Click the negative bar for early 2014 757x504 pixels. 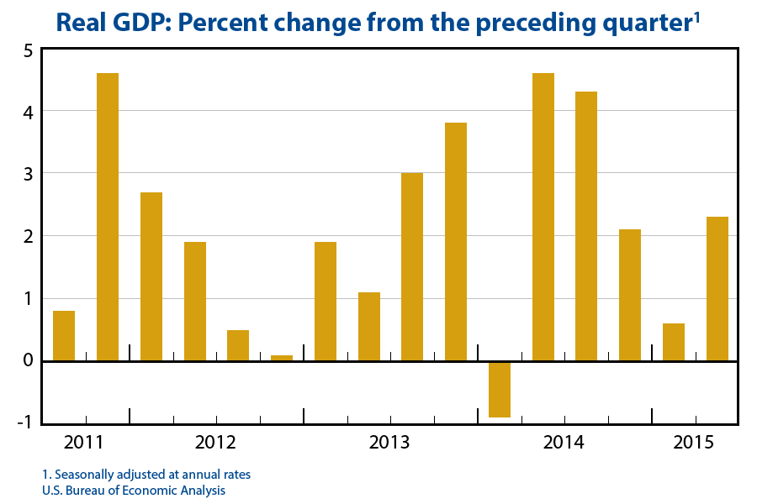500,389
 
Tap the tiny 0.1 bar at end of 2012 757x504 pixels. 282,358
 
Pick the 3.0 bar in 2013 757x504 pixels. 412,266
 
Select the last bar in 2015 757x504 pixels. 717,289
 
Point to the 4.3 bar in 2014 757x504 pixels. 586,226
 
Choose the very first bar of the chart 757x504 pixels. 64,335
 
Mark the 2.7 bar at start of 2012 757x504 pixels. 151,276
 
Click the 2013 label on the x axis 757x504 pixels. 390,442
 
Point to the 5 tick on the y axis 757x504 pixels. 28,50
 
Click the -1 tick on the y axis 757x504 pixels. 24,422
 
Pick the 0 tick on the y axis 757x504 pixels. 28,360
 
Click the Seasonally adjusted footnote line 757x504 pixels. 146,475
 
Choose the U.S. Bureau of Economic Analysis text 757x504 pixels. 134,490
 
